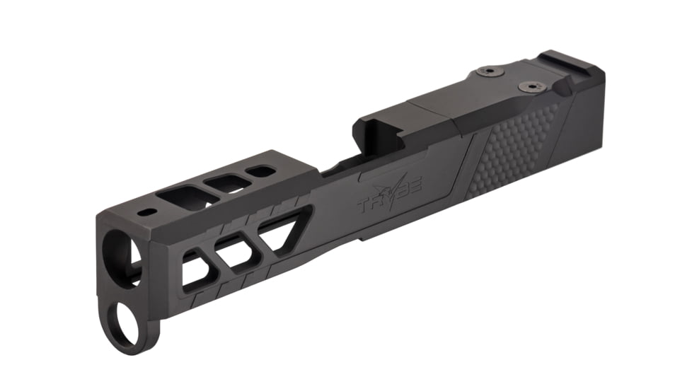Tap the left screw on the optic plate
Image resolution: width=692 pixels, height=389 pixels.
[488, 71]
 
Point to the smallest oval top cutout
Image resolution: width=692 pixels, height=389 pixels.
[261, 171]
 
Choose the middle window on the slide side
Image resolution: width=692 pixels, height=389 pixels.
[235, 252]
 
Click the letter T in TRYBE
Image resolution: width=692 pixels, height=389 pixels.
[365, 207]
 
